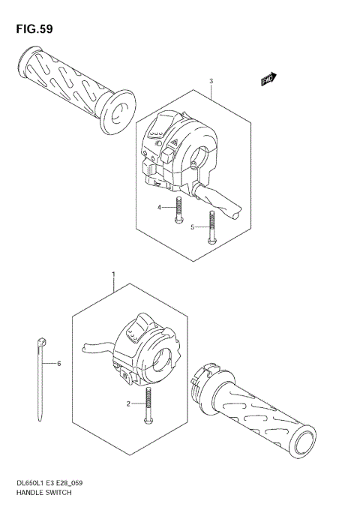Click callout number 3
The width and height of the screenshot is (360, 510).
tap(211, 81)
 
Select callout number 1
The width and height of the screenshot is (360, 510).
tap(113, 275)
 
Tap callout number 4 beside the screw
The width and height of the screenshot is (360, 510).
tap(160, 207)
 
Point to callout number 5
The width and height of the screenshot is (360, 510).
tap(192, 226)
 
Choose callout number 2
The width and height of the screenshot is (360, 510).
tap(128, 403)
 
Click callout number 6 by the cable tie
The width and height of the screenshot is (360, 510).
tap(59, 363)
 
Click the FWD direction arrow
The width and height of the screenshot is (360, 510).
tap(268, 78)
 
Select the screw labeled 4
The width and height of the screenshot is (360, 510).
tap(178, 210)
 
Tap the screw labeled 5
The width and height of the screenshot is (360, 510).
tap(211, 226)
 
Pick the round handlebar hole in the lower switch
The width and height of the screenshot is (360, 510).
tap(160, 358)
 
